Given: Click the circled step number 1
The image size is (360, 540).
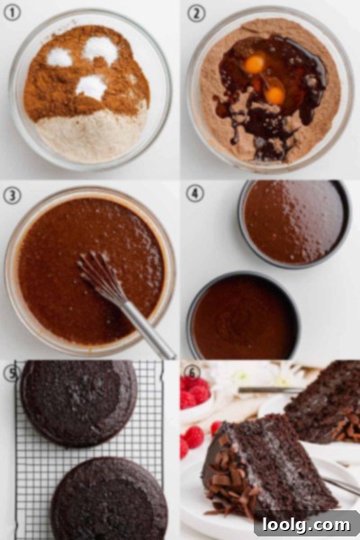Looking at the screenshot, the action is (13, 13).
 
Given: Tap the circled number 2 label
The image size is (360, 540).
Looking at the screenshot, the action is (196, 13).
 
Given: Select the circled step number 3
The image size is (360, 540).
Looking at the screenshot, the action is (12, 195).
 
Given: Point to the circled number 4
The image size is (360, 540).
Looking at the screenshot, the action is (195, 193).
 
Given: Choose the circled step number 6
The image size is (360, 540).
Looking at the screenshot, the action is (193, 373).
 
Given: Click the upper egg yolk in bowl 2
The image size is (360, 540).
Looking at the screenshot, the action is (255, 64).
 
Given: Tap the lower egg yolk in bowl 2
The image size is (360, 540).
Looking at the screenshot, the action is (275, 95).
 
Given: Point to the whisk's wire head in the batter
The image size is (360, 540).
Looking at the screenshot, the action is (101, 275).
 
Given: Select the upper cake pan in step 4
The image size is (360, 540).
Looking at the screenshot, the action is (294, 223).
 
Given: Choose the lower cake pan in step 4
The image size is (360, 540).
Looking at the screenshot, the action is (243, 316).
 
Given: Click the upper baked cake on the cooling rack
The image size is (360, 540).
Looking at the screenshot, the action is (78, 403).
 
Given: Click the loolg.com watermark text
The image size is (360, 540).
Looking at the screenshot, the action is (306, 526).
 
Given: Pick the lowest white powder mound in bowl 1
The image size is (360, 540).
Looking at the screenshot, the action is (91, 87).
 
